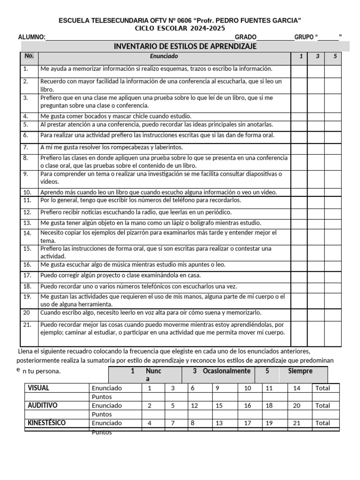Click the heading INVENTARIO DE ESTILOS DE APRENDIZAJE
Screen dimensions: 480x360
(185, 46)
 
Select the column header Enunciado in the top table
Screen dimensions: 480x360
(164, 56)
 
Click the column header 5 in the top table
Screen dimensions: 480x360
(335, 56)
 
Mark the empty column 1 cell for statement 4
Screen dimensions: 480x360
(300, 116)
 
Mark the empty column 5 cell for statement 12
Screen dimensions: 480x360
(333, 212)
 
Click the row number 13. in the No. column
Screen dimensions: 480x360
(27, 223)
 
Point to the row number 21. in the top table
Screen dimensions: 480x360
(27, 324)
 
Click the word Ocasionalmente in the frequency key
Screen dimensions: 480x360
(226, 371)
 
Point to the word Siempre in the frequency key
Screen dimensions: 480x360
(300, 371)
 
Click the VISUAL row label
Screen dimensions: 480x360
(38, 388)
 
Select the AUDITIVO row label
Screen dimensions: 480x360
(43, 405)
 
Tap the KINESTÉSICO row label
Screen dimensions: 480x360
(46, 423)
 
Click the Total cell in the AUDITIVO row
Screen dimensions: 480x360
(322, 405)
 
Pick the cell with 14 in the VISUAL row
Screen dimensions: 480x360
(297, 388)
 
